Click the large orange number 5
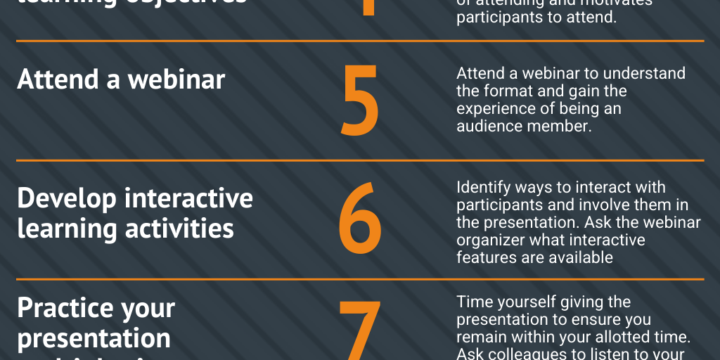point(359,100)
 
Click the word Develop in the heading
point(66,198)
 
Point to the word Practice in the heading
point(65,308)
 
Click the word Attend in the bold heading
point(56,79)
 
